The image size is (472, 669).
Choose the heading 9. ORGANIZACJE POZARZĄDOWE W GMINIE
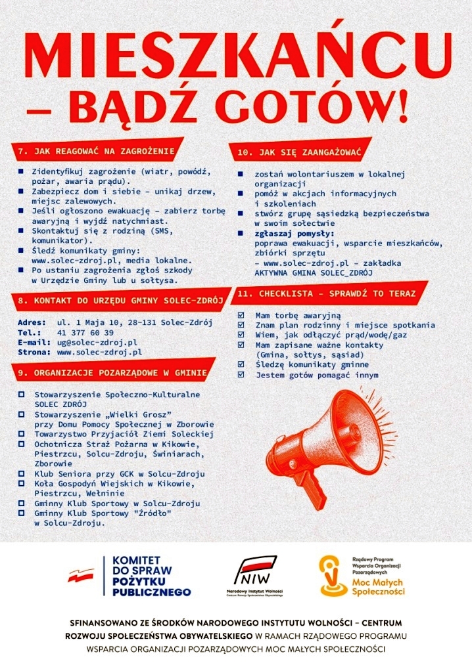click(112, 372)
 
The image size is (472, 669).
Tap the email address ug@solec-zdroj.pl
click(97, 342)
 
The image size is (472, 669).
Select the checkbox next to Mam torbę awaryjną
click(241, 315)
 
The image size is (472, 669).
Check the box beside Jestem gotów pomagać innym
click(241, 375)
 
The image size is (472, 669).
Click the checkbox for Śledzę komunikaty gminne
click(241, 364)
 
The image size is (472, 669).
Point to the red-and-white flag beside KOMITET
click(81, 576)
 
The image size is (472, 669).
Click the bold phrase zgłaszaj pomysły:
click(295, 234)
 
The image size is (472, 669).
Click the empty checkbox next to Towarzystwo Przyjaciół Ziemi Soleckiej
click(22, 435)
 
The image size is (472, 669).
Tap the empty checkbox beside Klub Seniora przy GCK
click(22, 474)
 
